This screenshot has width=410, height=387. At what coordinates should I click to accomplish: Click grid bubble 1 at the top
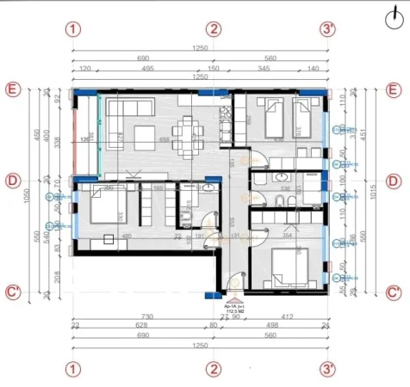pos(74,28)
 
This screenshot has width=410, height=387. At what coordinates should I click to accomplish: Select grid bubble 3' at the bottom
pos(327,369)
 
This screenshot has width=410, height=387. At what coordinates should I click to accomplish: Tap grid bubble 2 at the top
pos(214,28)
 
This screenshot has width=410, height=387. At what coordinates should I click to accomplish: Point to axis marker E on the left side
pos(13,89)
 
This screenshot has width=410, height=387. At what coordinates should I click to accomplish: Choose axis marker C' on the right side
pos(394,292)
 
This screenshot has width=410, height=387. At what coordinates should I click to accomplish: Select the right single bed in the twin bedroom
pos(304,119)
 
